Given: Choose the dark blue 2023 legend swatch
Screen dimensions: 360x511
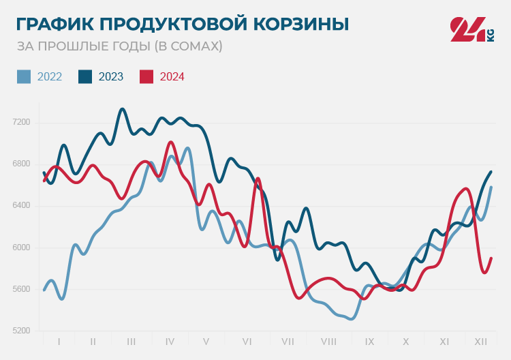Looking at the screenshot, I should tap(85, 76).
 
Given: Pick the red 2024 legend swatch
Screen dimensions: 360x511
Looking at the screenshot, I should tap(146, 76).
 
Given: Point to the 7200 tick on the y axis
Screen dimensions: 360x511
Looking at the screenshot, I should tap(22, 123).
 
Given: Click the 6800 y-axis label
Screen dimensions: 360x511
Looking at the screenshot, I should tap(22, 164).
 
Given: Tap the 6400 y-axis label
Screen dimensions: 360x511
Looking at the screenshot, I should tap(22, 206).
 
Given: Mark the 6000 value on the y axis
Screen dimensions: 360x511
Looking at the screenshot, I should tap(22, 247).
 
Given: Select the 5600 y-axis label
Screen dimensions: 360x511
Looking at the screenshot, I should tap(22, 289).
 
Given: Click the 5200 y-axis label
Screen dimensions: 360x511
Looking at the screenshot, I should tap(22, 331).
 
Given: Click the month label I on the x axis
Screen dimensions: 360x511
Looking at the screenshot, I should tap(59, 341).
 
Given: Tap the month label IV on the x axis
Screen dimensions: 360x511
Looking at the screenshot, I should tap(170, 341).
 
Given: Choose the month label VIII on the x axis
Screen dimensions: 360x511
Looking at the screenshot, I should tap(328, 341).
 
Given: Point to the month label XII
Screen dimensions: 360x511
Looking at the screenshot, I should tap(480, 341).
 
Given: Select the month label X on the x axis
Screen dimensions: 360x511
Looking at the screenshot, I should tap(405, 341).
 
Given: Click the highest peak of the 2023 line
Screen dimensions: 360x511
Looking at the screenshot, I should tap(123, 109).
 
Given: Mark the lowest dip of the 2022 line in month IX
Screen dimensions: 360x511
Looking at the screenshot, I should tap(350, 318).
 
